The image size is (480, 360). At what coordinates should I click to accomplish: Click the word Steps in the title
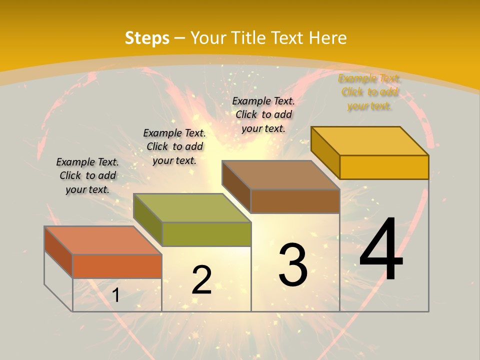point(147,38)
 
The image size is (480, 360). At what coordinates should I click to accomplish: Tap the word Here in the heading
point(327,38)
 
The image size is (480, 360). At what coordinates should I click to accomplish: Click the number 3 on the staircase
point(293,264)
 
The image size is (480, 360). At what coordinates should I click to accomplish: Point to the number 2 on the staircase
point(202,279)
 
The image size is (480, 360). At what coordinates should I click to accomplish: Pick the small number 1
point(116,295)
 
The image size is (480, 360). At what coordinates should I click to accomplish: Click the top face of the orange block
point(102,240)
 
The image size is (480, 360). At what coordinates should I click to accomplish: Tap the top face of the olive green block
point(191,207)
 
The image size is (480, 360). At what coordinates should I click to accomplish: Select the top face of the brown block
point(280,175)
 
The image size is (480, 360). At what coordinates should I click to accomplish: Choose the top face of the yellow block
point(369,140)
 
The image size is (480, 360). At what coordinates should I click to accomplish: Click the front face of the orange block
point(117,266)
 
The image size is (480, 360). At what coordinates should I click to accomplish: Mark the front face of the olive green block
point(206,234)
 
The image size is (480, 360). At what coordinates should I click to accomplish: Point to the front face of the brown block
point(295,201)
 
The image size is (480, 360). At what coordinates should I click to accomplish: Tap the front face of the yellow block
point(384,167)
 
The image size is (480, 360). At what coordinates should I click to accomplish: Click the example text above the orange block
point(87,175)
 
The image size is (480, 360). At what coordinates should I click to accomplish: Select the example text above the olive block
point(174,146)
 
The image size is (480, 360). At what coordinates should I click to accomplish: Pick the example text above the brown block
point(263,114)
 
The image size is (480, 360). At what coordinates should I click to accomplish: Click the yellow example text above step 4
point(369,92)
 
